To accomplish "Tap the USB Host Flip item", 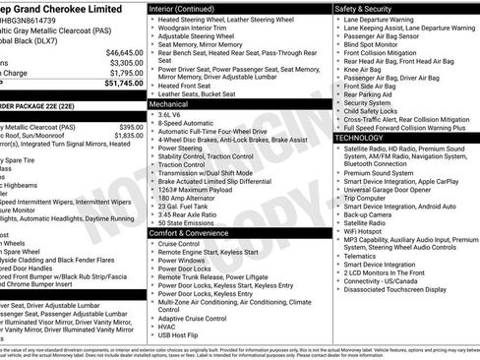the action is [x=181, y=335].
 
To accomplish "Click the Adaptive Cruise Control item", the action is [x=194, y=318].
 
